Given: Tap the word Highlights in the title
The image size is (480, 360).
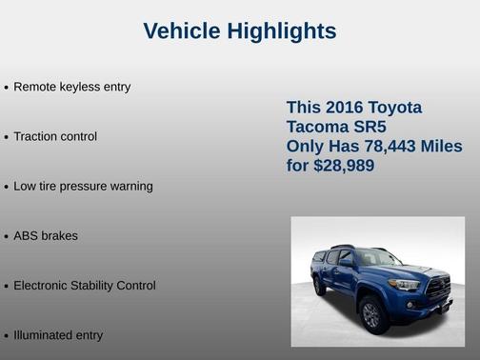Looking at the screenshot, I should tap(281, 31).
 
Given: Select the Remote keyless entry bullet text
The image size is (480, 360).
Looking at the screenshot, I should tap(71, 87).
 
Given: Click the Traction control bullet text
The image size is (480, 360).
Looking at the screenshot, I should tap(55, 136).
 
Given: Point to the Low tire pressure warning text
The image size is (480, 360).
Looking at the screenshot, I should tap(83, 186).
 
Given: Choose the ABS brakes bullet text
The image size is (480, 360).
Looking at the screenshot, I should tap(46, 235).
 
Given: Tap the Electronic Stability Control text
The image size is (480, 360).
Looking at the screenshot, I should tap(84, 285).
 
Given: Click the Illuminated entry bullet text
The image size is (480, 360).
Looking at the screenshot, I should tap(58, 335).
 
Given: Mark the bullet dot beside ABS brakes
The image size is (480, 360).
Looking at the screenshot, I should tap(6, 236).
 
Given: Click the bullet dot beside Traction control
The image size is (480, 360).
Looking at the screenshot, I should tap(6, 137).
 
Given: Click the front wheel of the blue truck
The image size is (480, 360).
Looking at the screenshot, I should tap(370, 313).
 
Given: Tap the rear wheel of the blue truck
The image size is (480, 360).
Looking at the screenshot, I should tap(320, 287).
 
